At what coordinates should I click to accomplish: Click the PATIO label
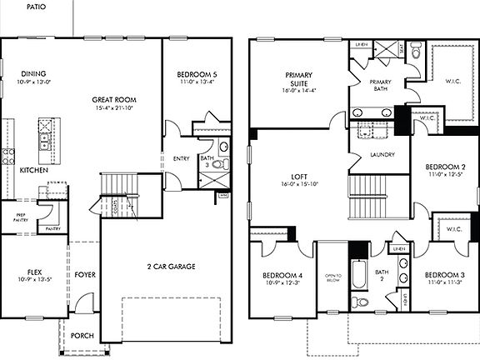click(x=35, y=6)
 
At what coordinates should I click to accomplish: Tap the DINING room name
click(x=34, y=73)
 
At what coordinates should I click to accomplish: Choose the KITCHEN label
click(x=33, y=169)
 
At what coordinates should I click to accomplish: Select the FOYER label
click(x=84, y=273)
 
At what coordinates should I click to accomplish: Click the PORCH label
click(x=82, y=336)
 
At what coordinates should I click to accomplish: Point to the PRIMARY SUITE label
click(x=297, y=79)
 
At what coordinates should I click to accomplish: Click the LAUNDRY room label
click(x=371, y=154)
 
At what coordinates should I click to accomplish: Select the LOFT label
click(x=297, y=176)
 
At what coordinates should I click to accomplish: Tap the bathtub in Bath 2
click(x=358, y=279)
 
